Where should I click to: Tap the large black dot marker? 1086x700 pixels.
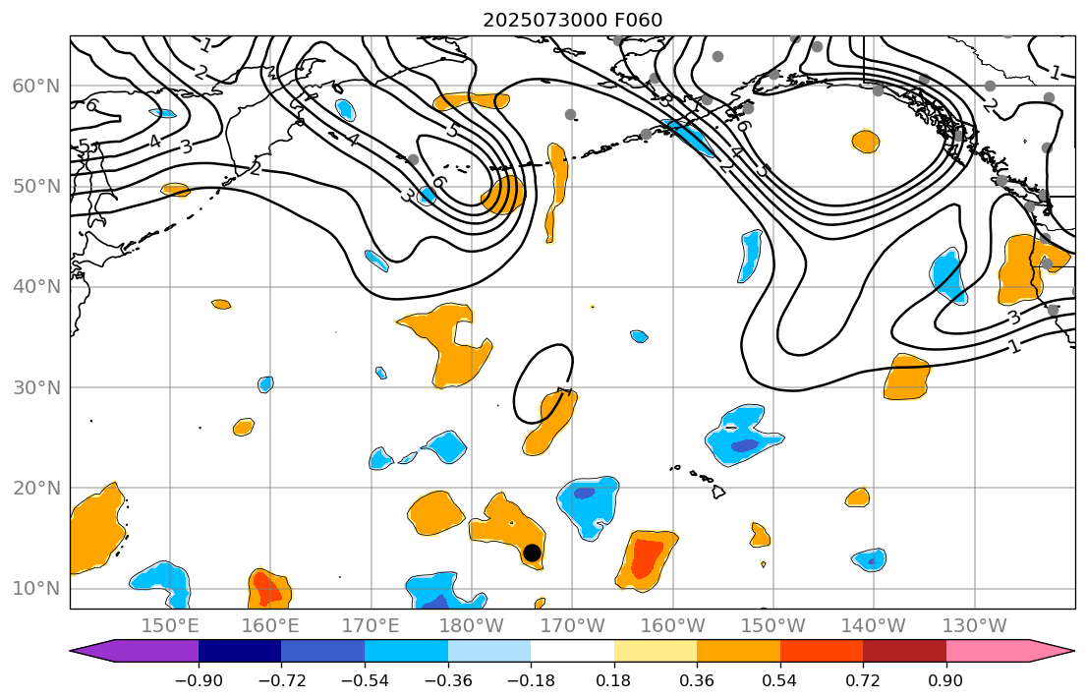pyautogui.click(x=532, y=553)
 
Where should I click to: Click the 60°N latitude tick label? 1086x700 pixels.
pyautogui.click(x=36, y=86)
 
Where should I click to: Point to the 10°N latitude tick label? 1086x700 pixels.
pyautogui.click(x=36, y=588)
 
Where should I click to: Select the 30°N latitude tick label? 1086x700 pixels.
pyautogui.click(x=36, y=387)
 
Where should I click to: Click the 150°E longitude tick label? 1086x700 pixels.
pyautogui.click(x=171, y=626)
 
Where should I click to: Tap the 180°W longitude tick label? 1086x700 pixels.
pyautogui.click(x=471, y=626)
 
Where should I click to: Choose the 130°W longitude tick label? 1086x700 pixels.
pyautogui.click(x=973, y=626)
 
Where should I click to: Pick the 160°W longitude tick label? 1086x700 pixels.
pyautogui.click(x=672, y=626)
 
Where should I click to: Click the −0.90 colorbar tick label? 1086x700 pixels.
pyautogui.click(x=199, y=679)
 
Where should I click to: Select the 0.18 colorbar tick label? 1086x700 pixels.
pyautogui.click(x=614, y=679)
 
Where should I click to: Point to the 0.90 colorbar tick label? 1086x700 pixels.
pyautogui.click(x=946, y=679)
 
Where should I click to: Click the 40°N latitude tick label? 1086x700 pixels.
pyautogui.click(x=36, y=287)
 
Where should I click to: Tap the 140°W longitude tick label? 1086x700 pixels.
pyautogui.click(x=873, y=626)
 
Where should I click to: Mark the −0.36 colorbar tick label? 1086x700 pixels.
pyautogui.click(x=448, y=679)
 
